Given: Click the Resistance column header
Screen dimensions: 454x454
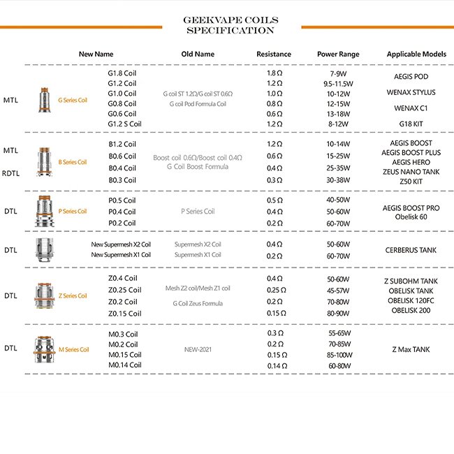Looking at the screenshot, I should [274, 54].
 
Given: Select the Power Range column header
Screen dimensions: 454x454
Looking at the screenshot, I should [338, 54].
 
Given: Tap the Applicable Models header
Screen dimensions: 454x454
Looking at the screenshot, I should [416, 54].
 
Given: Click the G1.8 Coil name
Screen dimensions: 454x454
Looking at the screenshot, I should [122, 73].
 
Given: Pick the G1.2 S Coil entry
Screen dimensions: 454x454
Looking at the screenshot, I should [125, 124].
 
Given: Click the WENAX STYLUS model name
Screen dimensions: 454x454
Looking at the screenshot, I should [411, 92].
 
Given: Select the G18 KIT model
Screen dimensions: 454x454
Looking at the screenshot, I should [411, 123].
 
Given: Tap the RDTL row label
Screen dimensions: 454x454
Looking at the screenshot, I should [10, 173].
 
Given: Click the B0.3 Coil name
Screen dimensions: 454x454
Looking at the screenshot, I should [122, 180].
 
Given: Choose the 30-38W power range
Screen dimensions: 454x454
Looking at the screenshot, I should [339, 180].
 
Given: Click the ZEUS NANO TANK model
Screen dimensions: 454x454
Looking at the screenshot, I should [411, 171].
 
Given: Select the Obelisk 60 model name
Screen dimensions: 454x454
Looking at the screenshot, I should [411, 217].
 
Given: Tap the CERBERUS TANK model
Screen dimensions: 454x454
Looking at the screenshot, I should [411, 249].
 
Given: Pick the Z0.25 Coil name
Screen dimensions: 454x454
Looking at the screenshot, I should [124, 290].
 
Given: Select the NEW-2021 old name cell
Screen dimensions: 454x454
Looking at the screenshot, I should [198, 349].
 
